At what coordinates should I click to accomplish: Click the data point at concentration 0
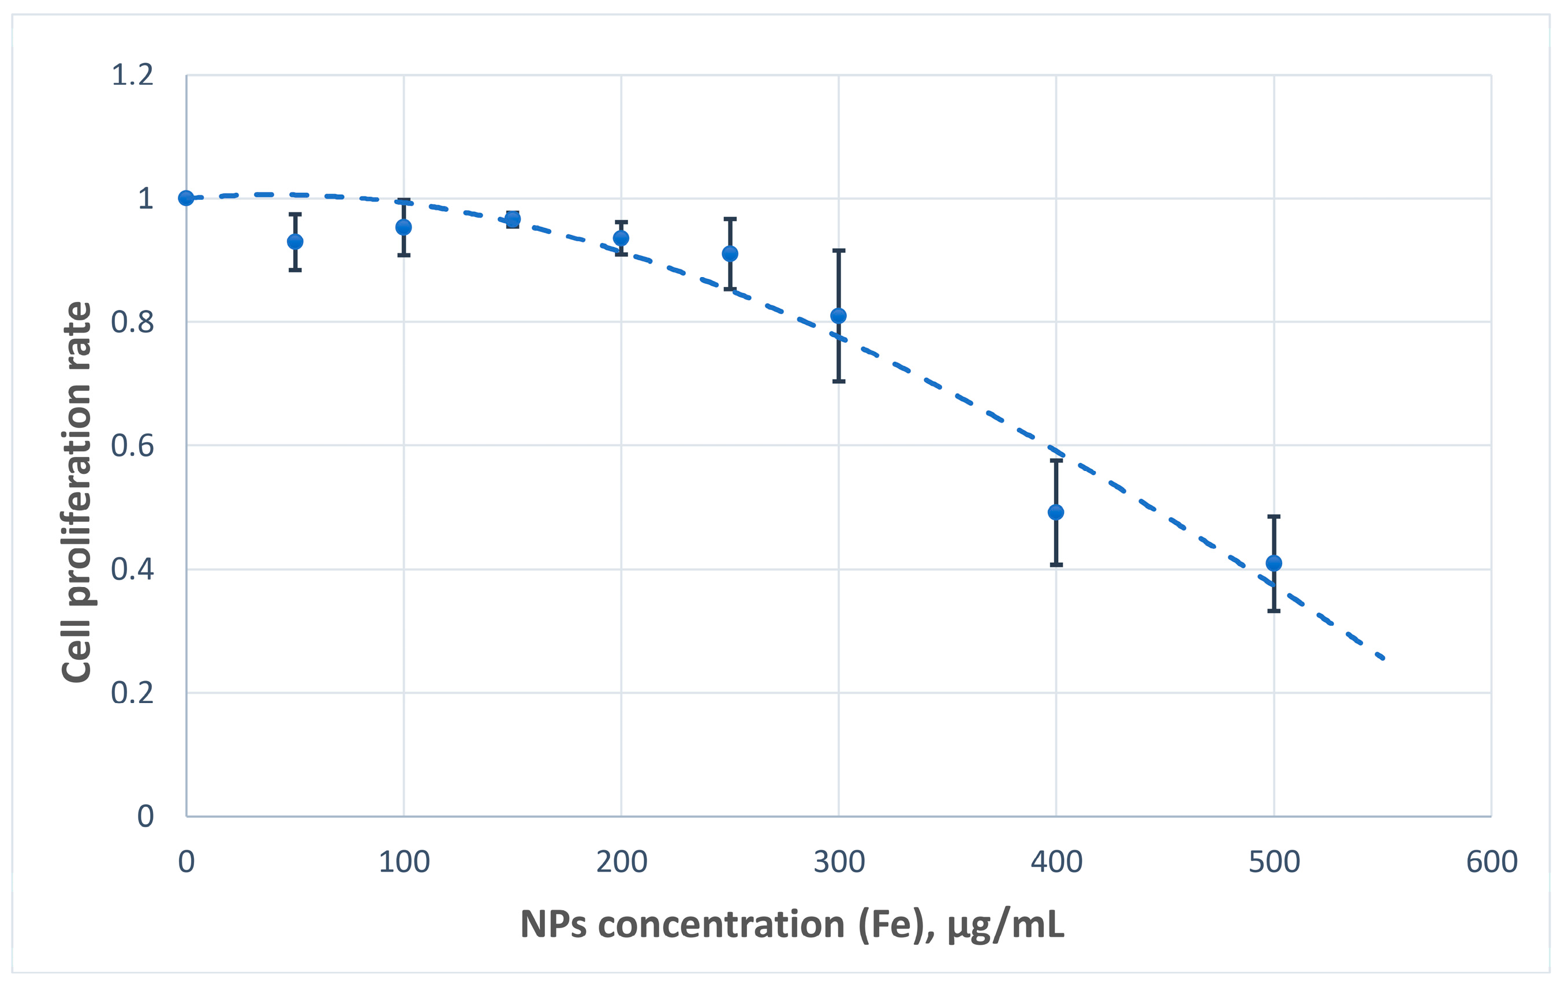tap(186, 197)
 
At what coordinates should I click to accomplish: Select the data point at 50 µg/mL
tap(295, 242)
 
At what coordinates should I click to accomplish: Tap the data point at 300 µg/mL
tap(838, 316)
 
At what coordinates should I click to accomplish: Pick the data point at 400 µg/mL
tap(1056, 513)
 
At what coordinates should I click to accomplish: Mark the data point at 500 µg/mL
tap(1274, 563)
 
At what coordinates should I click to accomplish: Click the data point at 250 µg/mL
tap(730, 253)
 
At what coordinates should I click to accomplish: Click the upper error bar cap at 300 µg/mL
tap(838, 250)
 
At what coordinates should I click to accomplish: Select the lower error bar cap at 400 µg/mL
tap(1056, 565)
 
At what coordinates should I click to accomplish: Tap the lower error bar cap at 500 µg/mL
tap(1274, 610)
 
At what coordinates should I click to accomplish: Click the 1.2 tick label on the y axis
tap(132, 75)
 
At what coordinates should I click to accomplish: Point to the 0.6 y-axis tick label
tap(132, 446)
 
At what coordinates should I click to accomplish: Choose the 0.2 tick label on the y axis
tap(132, 693)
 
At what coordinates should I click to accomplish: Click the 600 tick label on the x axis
tap(1492, 862)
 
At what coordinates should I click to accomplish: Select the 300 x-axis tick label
tap(839, 862)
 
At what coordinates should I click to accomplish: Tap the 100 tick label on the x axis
tap(404, 862)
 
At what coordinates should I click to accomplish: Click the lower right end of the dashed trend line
tap(1383, 657)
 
